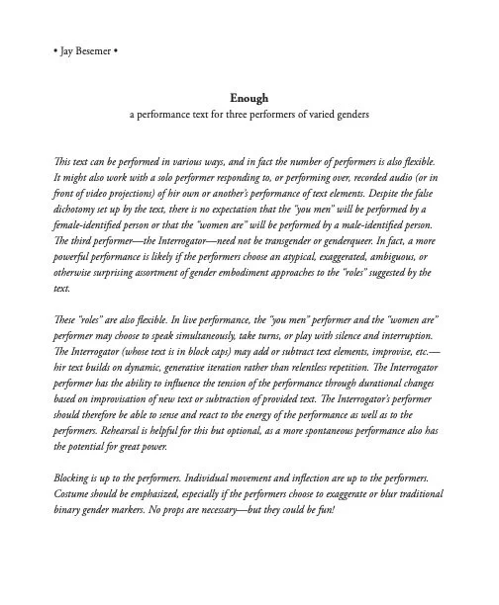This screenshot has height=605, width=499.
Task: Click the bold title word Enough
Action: click(249, 99)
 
